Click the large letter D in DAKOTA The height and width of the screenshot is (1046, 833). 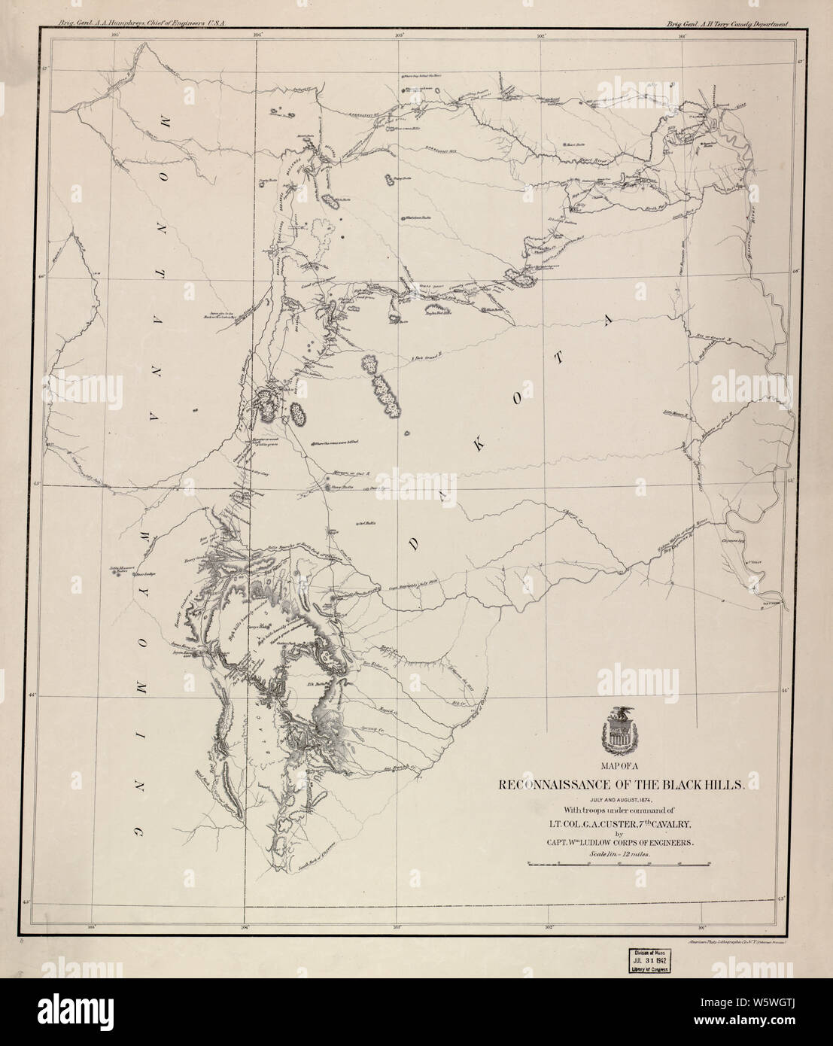[413, 544]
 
